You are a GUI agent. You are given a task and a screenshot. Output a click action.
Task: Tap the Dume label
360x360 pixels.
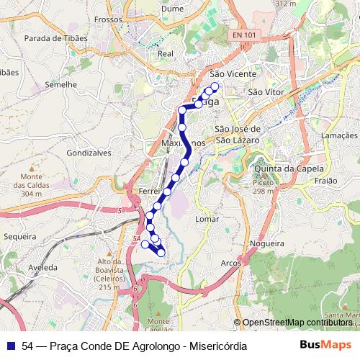[x=174, y=9]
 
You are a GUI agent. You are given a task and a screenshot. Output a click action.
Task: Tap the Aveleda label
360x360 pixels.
[x=42, y=266]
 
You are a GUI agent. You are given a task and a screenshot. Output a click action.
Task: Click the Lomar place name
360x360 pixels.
[x=207, y=217]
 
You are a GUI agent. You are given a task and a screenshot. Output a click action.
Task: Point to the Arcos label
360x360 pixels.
[x=231, y=264]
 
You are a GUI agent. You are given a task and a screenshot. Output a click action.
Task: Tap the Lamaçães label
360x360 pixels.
[x=338, y=135]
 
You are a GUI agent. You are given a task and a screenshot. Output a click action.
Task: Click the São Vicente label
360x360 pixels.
[x=228, y=73]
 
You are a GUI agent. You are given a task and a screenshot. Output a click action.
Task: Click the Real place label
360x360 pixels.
[x=166, y=53]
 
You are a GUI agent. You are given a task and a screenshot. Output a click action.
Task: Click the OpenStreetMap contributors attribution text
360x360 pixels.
[x=297, y=323]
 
